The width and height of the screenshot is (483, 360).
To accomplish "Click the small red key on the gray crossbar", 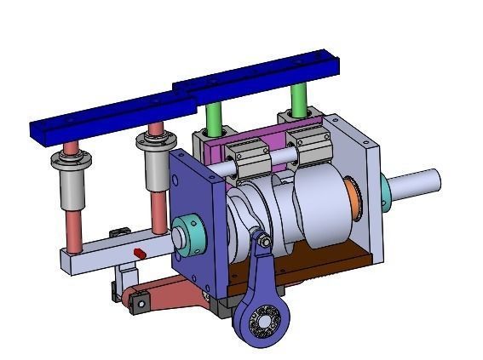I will [x=139, y=252].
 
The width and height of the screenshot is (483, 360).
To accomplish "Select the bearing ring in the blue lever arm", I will [x=266, y=322].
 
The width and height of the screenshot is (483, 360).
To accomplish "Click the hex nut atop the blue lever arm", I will [x=265, y=244].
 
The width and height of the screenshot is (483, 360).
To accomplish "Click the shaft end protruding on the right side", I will [x=417, y=182].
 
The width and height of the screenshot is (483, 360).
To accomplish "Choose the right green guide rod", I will [x=298, y=100].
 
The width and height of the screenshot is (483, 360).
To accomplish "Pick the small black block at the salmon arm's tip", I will [x=138, y=300].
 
